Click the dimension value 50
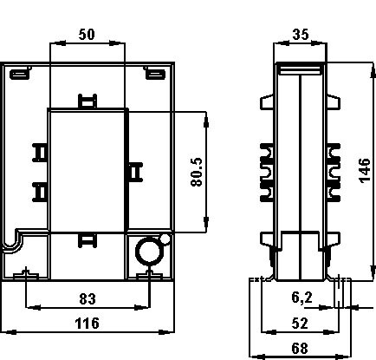tap(87, 35)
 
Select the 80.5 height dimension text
tap(197, 172)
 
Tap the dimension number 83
tap(88, 299)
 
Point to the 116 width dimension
tap(87, 323)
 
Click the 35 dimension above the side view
tap(301, 35)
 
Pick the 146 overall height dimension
tap(366, 170)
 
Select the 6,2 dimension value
tap(301, 298)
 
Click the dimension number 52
tap(300, 323)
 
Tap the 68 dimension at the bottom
tap(300, 348)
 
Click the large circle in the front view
tap(136, 251)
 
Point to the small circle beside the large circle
tap(165, 239)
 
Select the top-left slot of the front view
tap(20, 75)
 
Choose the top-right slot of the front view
tap(155, 75)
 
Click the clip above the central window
tap(88, 101)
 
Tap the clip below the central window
tap(88, 240)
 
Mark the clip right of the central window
tap(135, 173)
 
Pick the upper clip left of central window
tap(40, 153)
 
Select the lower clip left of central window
tap(40, 192)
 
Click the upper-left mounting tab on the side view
tap(267, 102)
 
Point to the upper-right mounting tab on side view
tap(334, 102)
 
